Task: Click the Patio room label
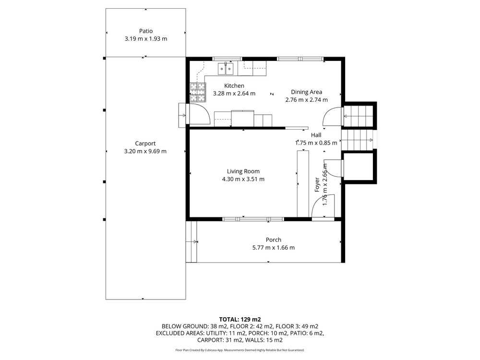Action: pos(146,31)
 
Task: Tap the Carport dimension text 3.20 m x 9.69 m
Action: pos(145,151)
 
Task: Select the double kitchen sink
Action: pos(226,69)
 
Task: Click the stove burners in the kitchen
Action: pos(197,93)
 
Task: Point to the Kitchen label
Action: pos(234,86)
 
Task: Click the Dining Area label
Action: pos(306,92)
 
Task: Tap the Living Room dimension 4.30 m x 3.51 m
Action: pos(243,179)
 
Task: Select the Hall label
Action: pos(316,135)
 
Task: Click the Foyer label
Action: pos(317,185)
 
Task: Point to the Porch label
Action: pos(274,240)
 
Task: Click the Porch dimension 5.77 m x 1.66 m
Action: pos(274,248)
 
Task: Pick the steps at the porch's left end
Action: pos(191,241)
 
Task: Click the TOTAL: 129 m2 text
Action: pos(240,320)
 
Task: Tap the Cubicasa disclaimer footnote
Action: pos(240,350)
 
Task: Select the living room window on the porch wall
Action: pos(253,219)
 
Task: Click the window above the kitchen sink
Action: pos(227,59)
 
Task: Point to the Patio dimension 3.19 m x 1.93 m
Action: pos(146,39)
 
